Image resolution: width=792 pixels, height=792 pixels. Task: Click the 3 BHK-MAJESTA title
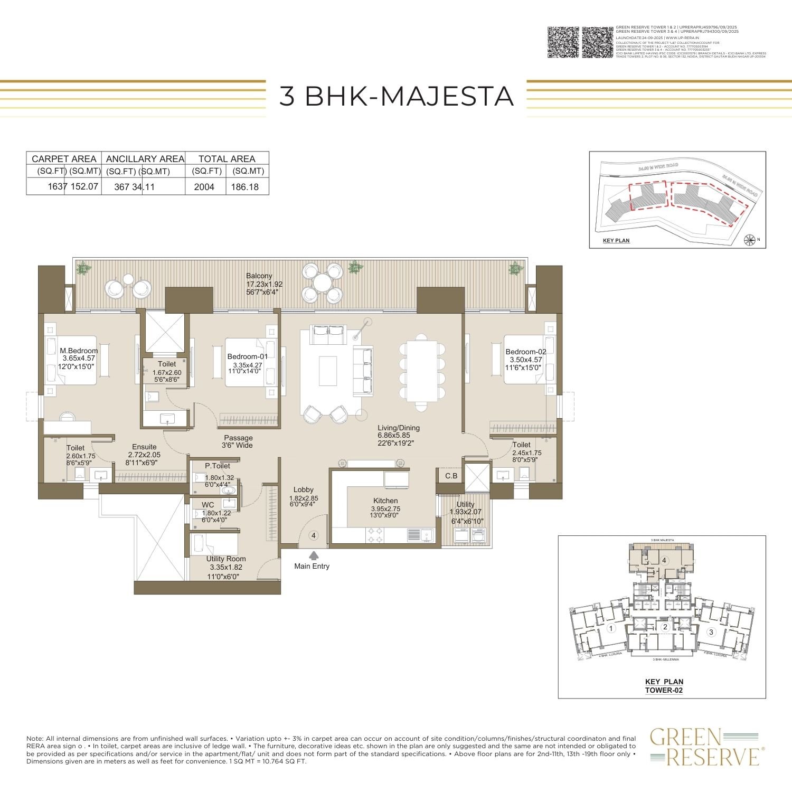(x=396, y=96)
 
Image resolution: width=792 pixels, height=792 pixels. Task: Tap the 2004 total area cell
(x=204, y=187)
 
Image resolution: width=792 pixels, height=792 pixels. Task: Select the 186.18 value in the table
(x=244, y=187)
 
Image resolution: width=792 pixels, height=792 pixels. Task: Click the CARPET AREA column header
(x=64, y=159)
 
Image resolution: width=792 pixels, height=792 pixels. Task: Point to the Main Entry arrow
(x=314, y=555)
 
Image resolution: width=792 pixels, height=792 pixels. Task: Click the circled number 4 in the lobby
(x=314, y=535)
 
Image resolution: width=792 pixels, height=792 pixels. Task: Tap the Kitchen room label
(x=385, y=501)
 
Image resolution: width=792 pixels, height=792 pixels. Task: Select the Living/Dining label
(x=399, y=428)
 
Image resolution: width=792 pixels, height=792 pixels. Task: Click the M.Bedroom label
(x=79, y=351)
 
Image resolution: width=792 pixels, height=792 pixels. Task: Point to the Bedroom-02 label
(x=526, y=352)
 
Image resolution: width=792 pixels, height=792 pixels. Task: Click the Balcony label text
(x=259, y=276)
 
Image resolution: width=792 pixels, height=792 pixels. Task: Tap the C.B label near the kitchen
(x=451, y=476)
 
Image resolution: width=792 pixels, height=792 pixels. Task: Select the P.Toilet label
(x=218, y=466)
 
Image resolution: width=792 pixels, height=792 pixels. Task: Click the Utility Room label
(x=226, y=559)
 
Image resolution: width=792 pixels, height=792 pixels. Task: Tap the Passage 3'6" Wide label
(x=238, y=441)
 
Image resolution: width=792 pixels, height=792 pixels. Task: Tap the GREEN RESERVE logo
(x=704, y=746)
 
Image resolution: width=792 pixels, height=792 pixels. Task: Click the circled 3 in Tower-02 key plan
(x=711, y=632)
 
